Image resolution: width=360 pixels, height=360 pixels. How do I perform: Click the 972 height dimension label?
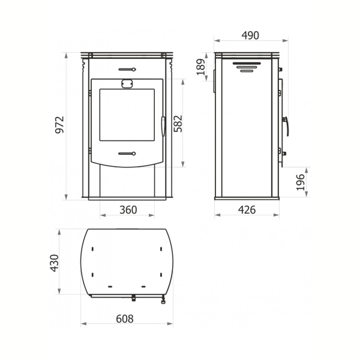click(x=59, y=125)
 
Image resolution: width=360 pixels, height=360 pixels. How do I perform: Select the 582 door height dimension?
click(x=178, y=124)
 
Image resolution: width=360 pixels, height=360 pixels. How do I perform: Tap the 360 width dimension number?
click(x=128, y=210)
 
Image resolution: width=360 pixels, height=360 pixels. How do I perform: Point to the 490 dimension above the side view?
click(x=250, y=35)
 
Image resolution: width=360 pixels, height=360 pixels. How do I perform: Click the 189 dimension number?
click(x=201, y=67)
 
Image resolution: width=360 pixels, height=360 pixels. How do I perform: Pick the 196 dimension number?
click(x=301, y=182)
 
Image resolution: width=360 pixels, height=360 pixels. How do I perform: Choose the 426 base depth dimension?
click(x=247, y=210)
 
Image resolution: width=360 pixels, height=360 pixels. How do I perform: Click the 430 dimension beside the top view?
click(x=55, y=263)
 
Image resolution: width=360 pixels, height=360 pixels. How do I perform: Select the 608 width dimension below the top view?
click(x=125, y=319)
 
